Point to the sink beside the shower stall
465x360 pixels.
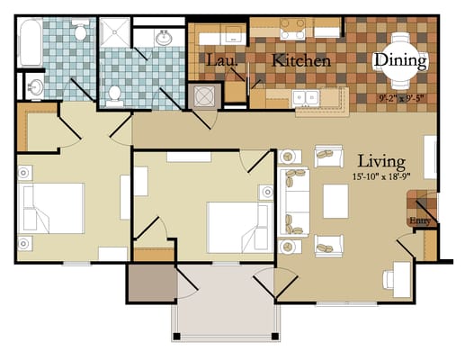tap(165, 39)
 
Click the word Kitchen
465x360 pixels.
tap(301, 61)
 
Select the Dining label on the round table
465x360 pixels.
tap(400, 60)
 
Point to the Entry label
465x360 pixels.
tap(418, 220)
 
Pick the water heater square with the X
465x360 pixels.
tap(204, 95)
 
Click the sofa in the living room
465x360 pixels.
tap(291, 202)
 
